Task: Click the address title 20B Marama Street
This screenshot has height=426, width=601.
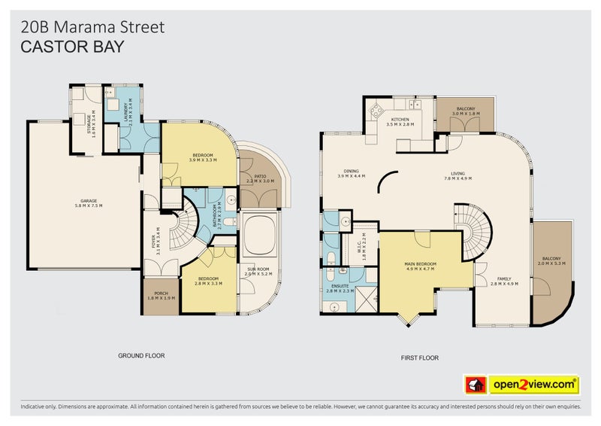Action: pos(91,28)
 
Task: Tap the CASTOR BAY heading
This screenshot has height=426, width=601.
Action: pos(72,46)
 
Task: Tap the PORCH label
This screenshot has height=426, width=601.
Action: pos(159,294)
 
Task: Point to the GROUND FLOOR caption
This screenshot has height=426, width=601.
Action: pos(141,354)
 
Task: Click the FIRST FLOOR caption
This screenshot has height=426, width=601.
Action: pos(420,358)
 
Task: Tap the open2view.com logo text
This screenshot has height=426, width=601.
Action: pos(534,385)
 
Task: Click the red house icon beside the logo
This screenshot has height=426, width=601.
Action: pos(475,385)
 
